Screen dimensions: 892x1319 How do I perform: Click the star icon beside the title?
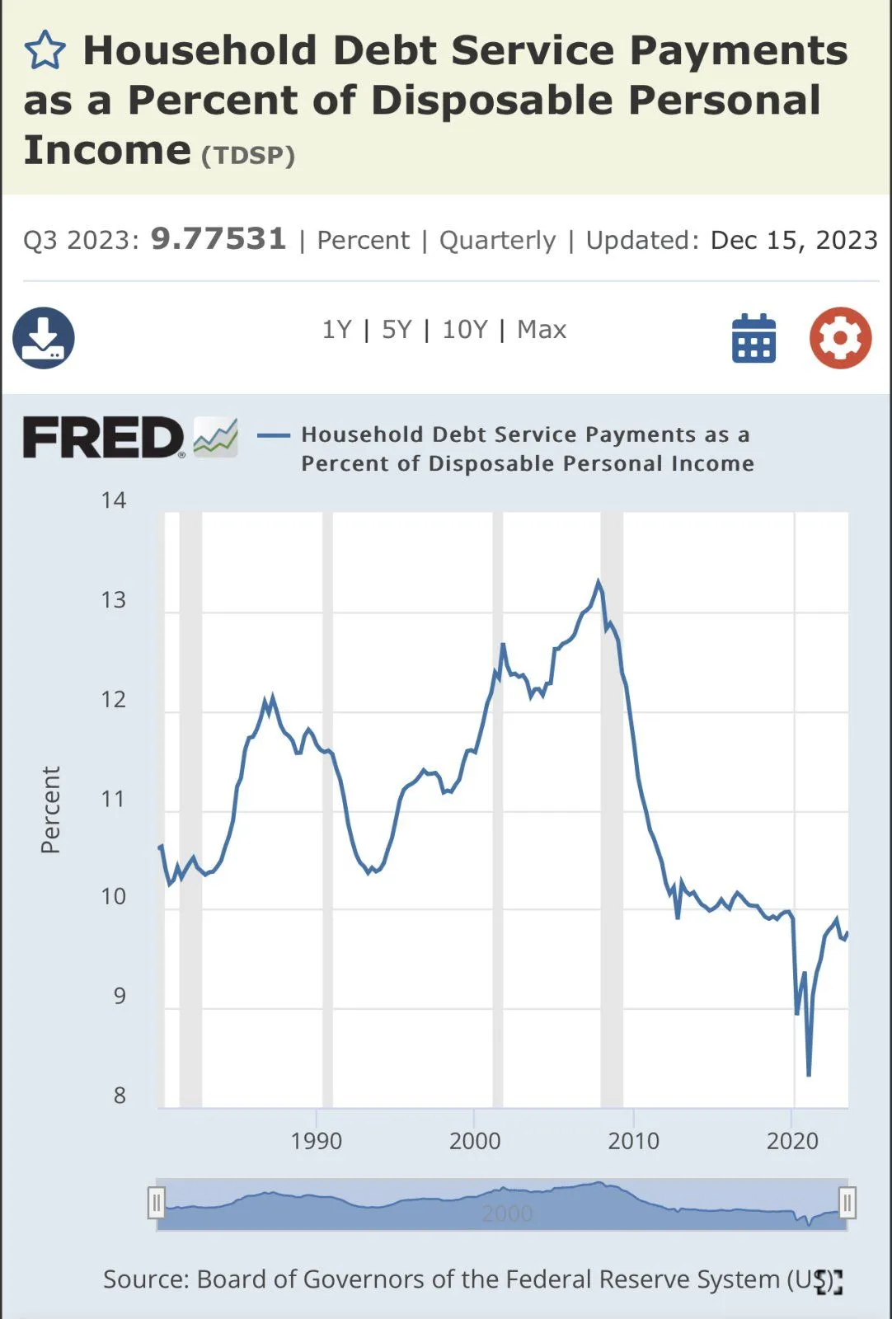click(x=45, y=51)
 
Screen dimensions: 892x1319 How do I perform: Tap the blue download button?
click(x=44, y=338)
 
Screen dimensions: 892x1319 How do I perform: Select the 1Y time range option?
click(x=336, y=330)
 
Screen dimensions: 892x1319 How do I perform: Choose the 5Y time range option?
click(x=397, y=330)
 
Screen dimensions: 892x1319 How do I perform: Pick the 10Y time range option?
click(x=465, y=330)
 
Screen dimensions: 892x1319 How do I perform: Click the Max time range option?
click(x=542, y=330)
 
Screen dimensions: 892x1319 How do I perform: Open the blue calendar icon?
click(x=754, y=338)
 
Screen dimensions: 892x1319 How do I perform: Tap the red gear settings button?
click(x=840, y=338)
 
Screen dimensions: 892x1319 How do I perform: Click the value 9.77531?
click(x=218, y=239)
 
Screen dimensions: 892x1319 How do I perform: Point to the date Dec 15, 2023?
click(x=794, y=240)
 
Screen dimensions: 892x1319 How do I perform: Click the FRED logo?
click(x=103, y=437)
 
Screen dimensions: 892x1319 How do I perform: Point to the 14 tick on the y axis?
click(x=114, y=500)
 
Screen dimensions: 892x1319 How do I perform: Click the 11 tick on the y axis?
click(x=114, y=799)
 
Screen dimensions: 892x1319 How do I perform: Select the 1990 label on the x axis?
click(x=317, y=1141)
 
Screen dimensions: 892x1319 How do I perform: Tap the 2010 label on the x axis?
click(x=633, y=1141)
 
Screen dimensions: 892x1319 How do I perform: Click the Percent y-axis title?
click(x=50, y=810)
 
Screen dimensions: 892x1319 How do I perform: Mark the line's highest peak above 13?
click(x=599, y=582)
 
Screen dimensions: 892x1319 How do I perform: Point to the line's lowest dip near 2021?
click(x=809, y=1075)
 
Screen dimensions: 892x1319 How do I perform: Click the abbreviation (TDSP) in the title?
click(x=248, y=156)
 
